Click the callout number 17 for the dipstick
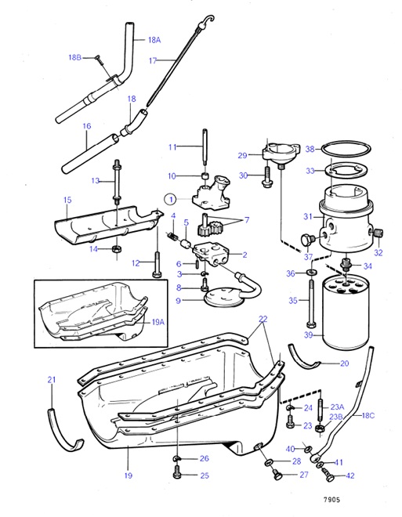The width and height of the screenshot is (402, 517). [x=153, y=60]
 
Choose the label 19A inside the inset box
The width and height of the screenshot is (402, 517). [x=158, y=321]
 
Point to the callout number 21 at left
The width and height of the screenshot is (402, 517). [x=51, y=380]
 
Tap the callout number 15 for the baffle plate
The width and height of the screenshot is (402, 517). [x=67, y=201]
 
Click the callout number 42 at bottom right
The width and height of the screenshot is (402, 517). [x=349, y=475]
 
